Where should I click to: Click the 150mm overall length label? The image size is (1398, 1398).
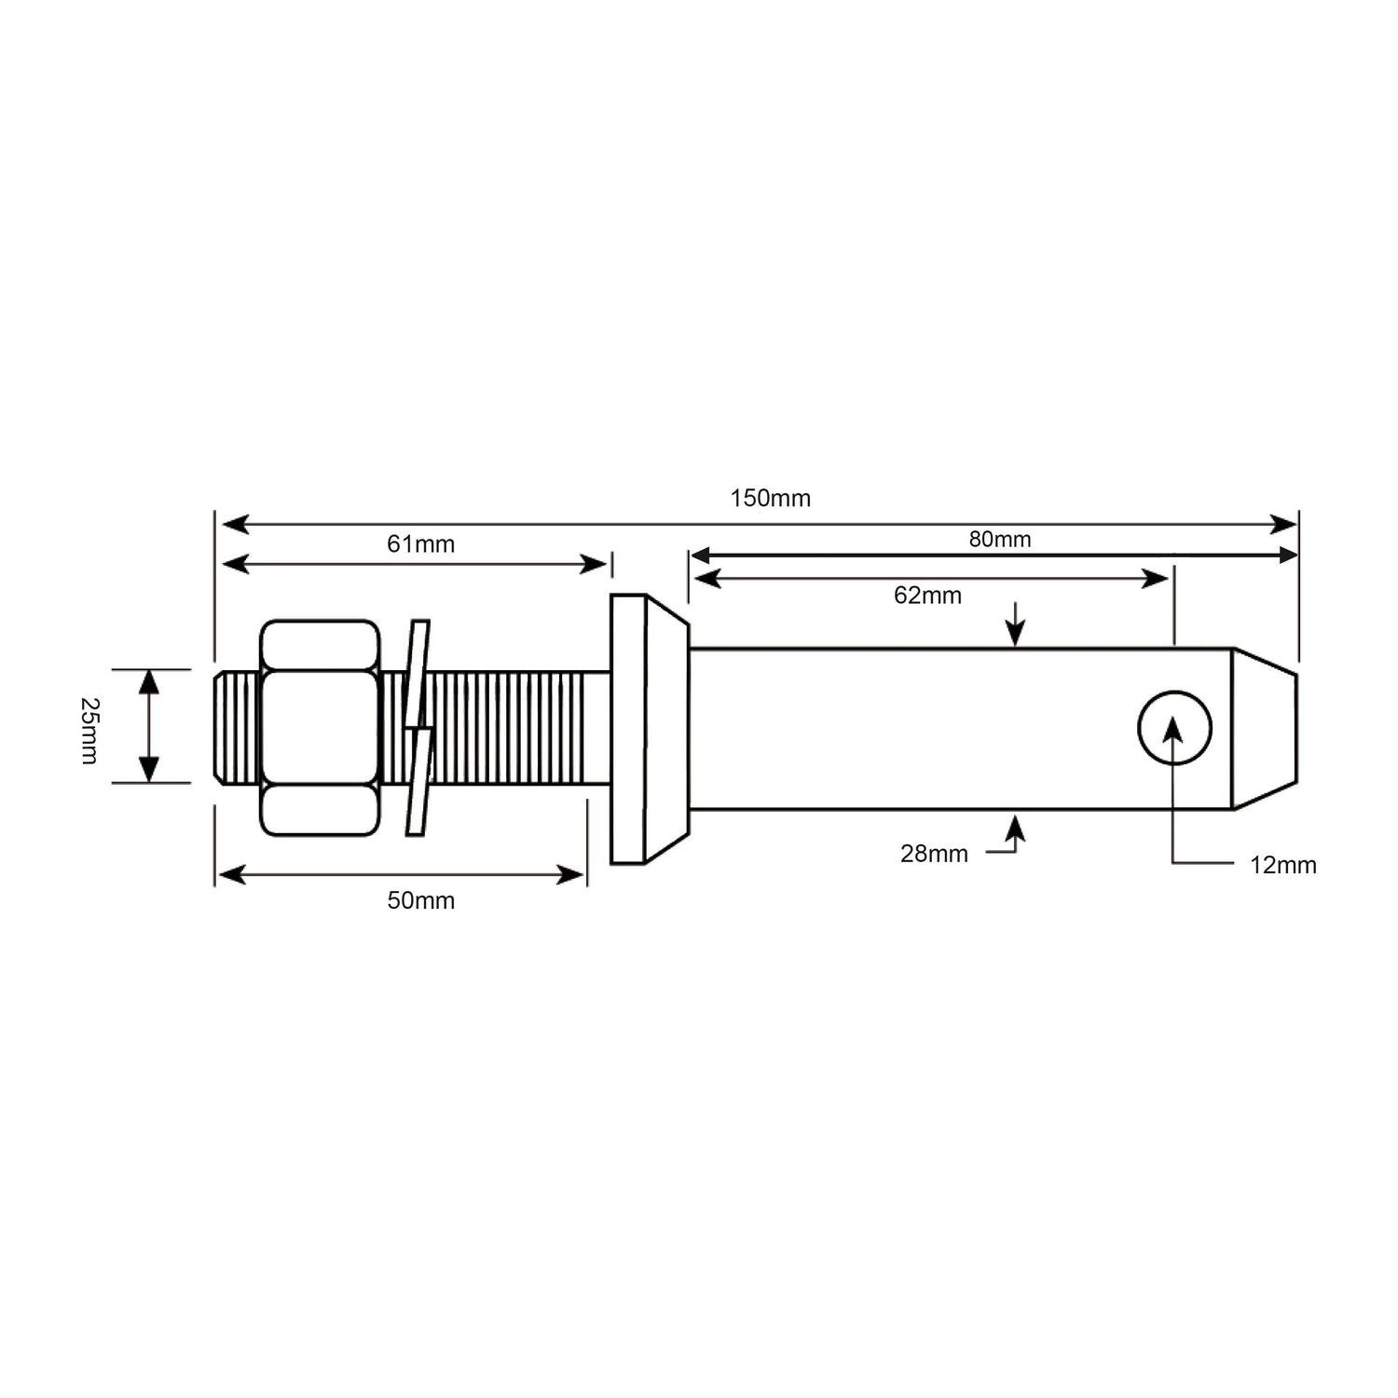click(x=770, y=498)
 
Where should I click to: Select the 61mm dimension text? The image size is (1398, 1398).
click(x=420, y=543)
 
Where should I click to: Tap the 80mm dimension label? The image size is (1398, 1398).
click(x=999, y=539)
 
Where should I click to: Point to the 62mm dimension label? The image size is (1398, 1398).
click(x=927, y=596)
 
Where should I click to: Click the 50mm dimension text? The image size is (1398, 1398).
click(x=420, y=900)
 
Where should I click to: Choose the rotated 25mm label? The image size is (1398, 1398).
click(x=89, y=731)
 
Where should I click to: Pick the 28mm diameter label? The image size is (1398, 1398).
click(x=934, y=853)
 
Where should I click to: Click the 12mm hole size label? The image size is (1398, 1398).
click(x=1282, y=865)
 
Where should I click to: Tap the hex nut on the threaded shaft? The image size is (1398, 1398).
click(x=320, y=728)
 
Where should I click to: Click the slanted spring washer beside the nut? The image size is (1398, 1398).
click(x=418, y=727)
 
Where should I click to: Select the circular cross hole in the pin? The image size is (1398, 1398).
click(x=1174, y=728)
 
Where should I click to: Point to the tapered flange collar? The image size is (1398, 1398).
click(x=647, y=729)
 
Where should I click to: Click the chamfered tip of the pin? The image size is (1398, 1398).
click(x=1264, y=728)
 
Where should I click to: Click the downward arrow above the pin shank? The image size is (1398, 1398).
click(x=1015, y=634)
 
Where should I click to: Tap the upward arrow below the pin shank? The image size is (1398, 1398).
click(x=1015, y=826)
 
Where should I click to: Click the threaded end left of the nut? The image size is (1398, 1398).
click(x=237, y=728)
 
